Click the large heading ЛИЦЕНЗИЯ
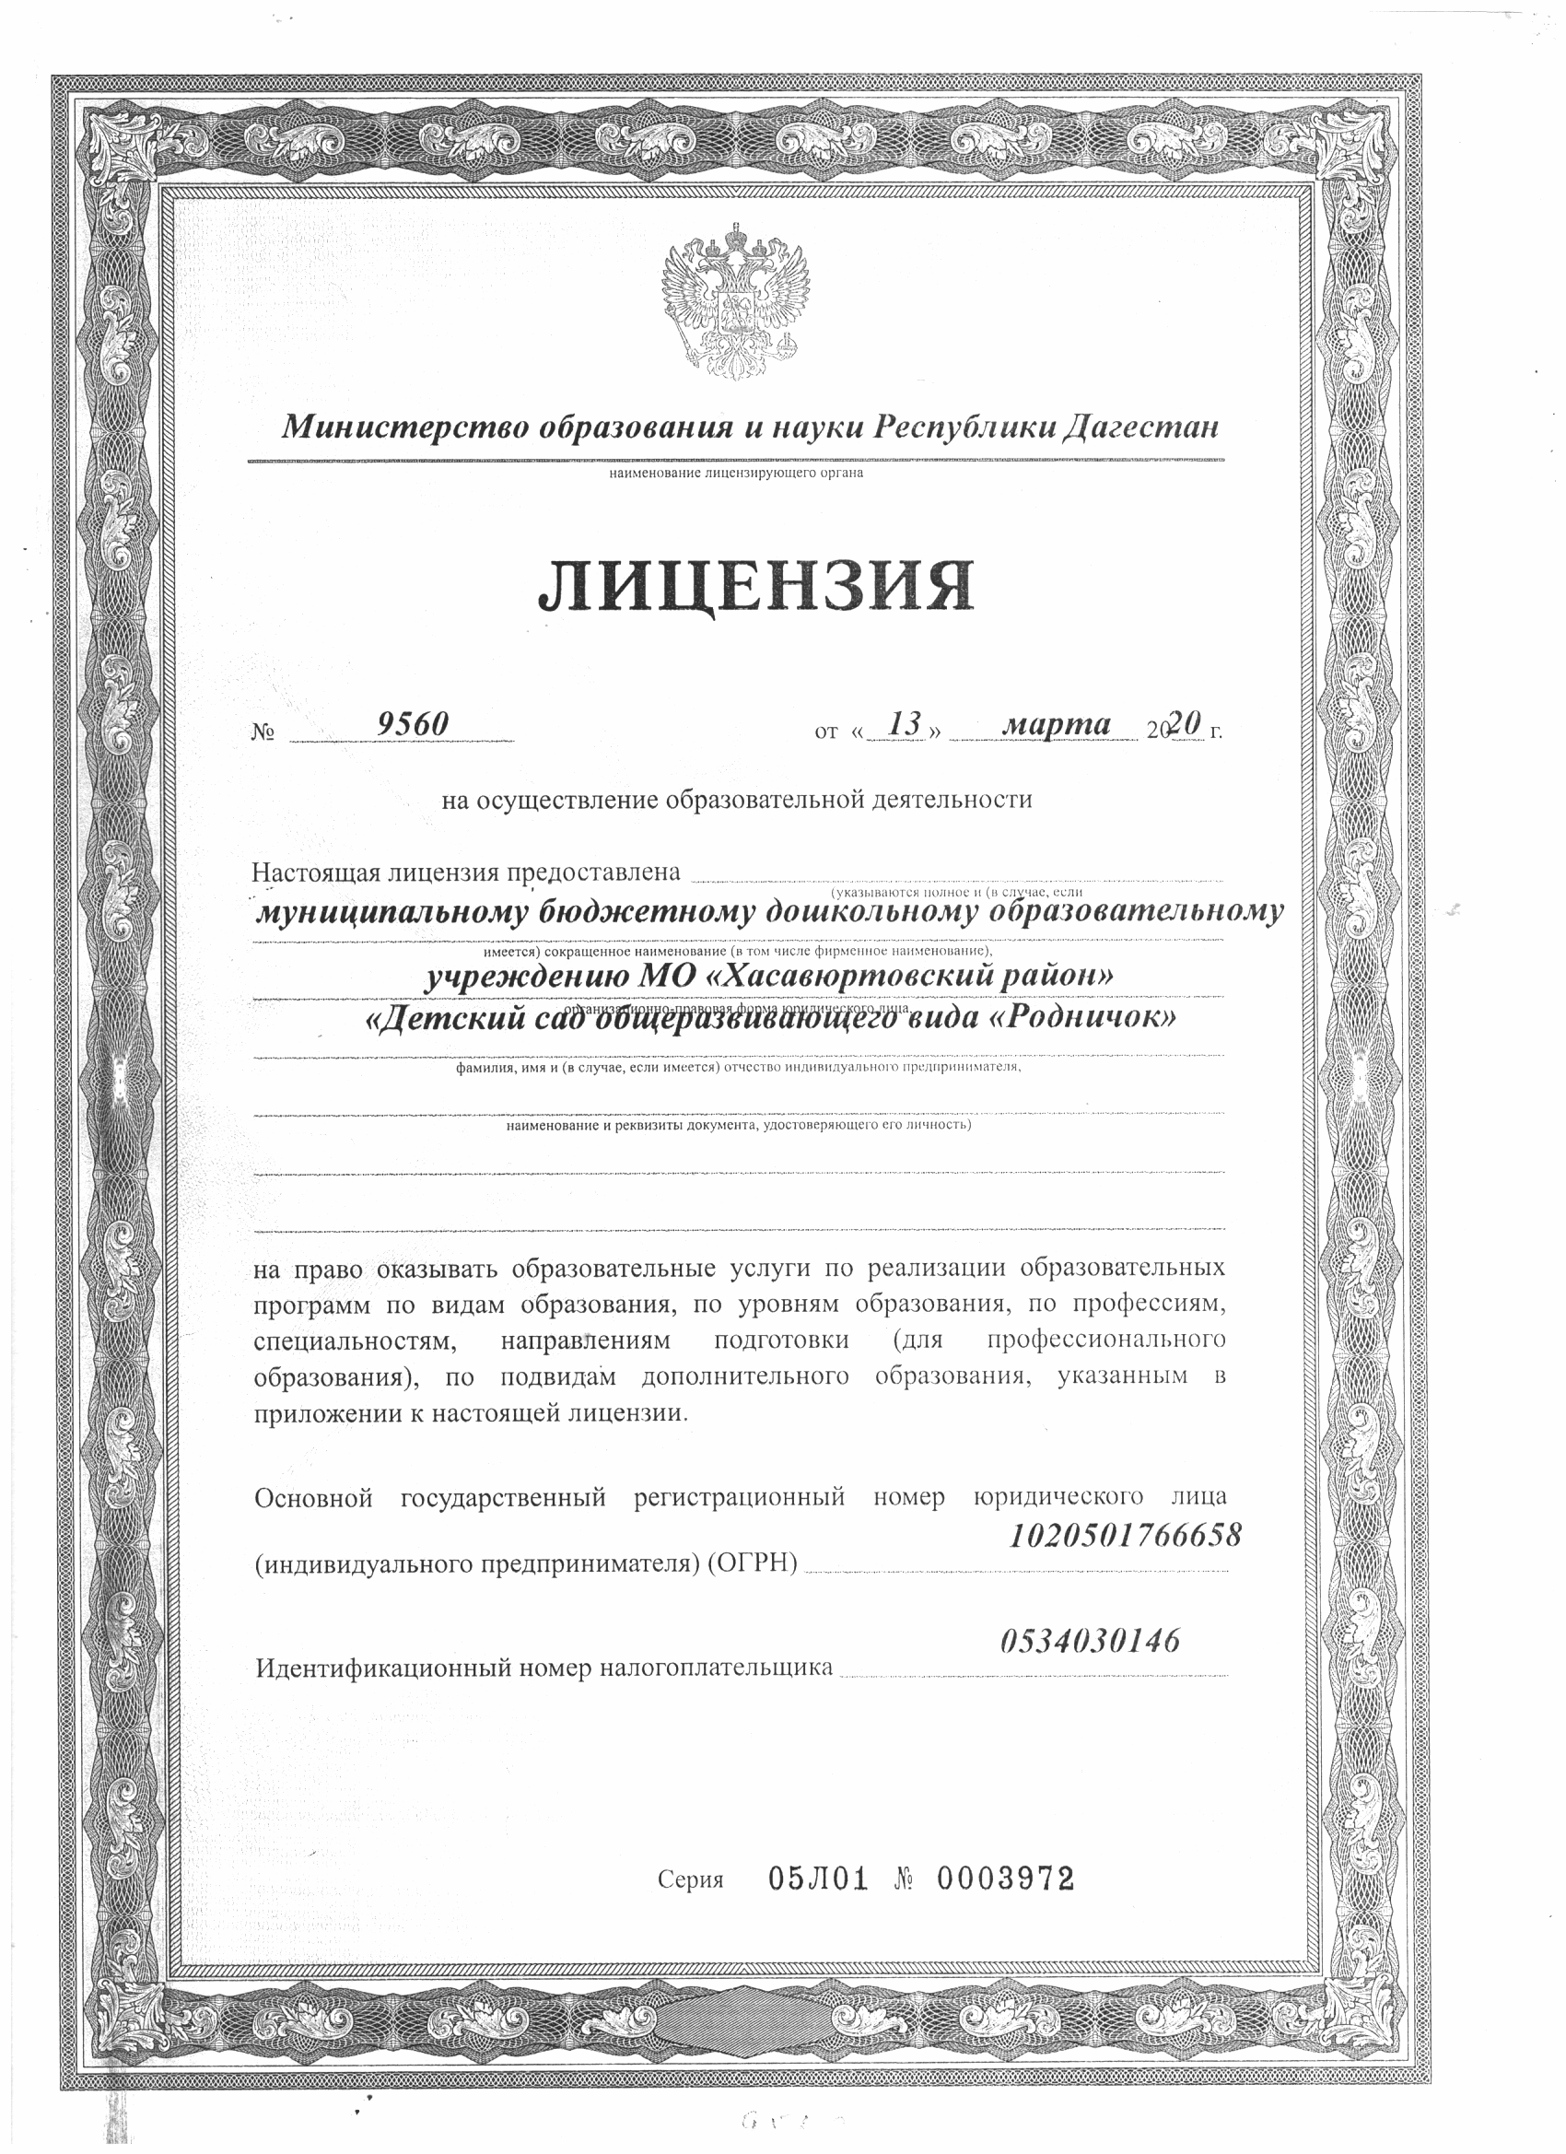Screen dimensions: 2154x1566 click(x=756, y=586)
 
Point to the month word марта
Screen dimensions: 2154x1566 click(x=1057, y=725)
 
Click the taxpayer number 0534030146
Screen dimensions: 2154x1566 click(x=1091, y=1639)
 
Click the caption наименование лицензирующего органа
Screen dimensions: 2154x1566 click(x=736, y=472)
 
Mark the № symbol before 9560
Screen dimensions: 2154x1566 click(x=263, y=732)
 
